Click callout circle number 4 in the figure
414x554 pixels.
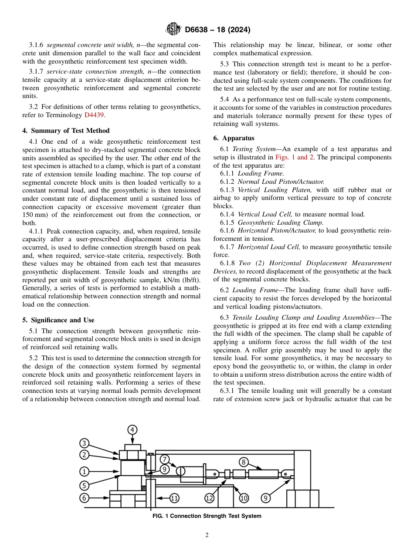click(132, 430)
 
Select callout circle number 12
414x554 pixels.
click(210, 498)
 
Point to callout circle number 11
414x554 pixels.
click(174, 498)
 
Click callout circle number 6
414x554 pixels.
click(84, 497)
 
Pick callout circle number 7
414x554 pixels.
click(164, 459)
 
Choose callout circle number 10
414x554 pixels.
click(244, 498)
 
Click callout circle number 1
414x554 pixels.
click(84, 471)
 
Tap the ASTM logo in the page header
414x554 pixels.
click(173, 30)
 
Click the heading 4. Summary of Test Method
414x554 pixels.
click(66, 131)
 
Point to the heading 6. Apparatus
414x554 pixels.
click(234, 138)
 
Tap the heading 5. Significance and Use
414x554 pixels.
click(58, 320)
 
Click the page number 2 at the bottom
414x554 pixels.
click(207, 535)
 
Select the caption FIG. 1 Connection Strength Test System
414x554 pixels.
click(207, 516)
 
